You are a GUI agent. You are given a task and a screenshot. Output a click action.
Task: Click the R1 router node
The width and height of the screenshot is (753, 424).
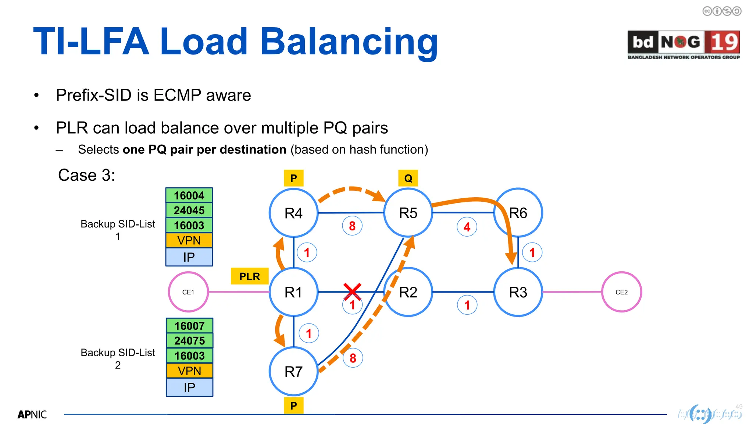click(293, 292)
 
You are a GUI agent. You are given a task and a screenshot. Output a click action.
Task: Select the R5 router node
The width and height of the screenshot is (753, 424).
click(408, 213)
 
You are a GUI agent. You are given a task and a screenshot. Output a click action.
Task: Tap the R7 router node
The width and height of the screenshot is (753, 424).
click(293, 371)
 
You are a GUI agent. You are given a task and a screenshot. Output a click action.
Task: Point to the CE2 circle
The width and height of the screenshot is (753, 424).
click(621, 292)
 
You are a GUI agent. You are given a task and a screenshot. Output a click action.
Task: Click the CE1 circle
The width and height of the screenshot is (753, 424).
click(188, 292)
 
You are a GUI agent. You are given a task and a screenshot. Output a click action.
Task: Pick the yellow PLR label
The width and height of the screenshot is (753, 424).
click(250, 276)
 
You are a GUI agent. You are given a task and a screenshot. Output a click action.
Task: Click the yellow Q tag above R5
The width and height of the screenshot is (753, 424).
click(408, 178)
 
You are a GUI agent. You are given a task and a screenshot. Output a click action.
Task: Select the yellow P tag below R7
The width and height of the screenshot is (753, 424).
click(293, 406)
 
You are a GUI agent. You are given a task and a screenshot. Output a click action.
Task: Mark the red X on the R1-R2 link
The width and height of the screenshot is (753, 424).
click(352, 291)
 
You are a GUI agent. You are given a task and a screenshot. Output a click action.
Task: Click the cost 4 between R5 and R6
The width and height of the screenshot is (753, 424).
click(467, 227)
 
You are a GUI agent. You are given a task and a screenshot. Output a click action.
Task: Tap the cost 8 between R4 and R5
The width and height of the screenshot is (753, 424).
click(352, 226)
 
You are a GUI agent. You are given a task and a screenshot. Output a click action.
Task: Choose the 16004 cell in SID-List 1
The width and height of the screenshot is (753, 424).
click(189, 195)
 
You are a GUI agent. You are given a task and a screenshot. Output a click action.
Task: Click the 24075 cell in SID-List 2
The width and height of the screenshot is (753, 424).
click(189, 341)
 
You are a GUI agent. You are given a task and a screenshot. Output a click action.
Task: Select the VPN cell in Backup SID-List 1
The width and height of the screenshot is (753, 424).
click(189, 240)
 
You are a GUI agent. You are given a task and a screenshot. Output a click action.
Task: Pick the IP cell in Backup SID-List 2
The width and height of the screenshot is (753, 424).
click(189, 387)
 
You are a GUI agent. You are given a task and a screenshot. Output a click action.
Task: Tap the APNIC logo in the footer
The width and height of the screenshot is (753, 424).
click(32, 415)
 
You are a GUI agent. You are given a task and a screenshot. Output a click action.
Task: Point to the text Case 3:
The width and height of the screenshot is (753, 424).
click(86, 175)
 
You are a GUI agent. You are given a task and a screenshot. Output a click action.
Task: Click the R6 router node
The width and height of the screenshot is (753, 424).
click(518, 213)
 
